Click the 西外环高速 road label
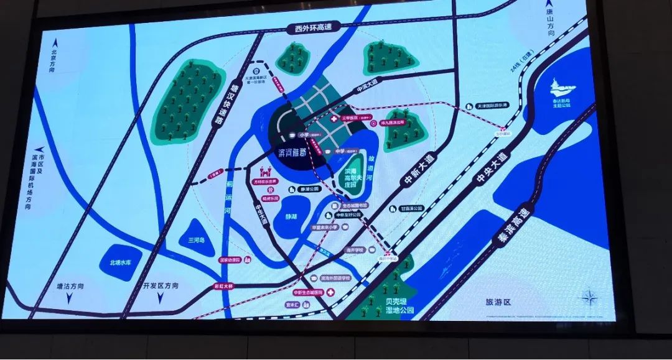[314, 27]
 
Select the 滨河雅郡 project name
[295, 153]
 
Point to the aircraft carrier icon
[562, 88]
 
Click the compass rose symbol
[589, 297]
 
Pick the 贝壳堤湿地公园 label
[392, 305]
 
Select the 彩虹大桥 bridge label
[223, 287]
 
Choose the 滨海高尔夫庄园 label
[356, 177]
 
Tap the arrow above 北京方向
[55, 42]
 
